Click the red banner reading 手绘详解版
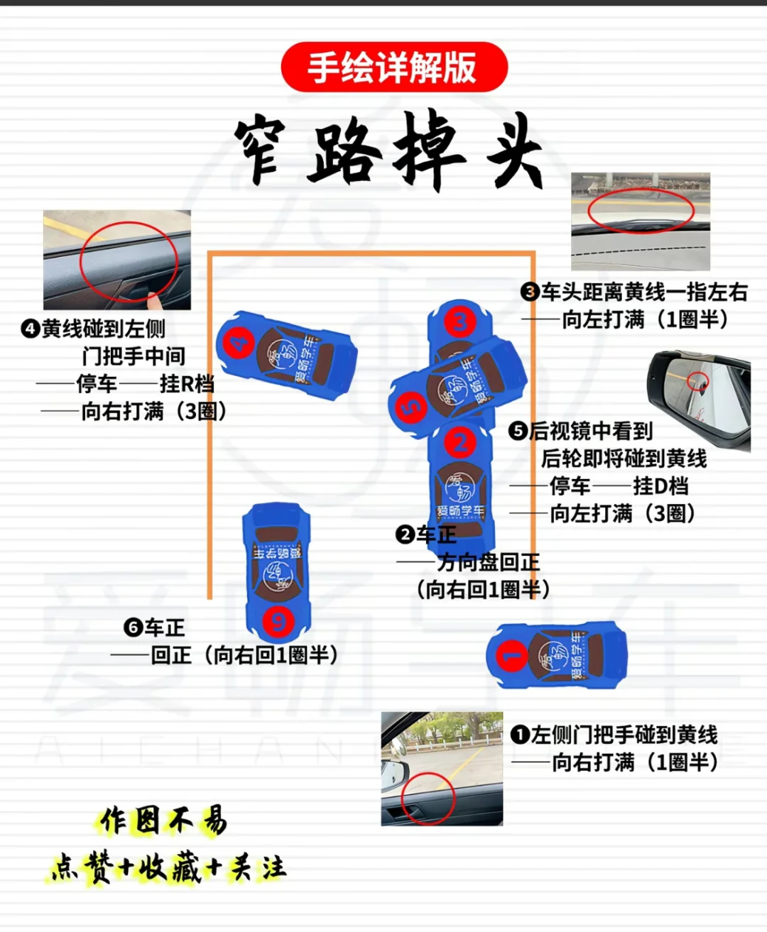point(394,67)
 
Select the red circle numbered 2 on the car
point(460,442)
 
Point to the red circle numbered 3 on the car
point(460,322)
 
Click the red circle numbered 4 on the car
point(239,341)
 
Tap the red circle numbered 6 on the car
point(278,621)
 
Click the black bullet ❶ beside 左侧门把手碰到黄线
point(520,735)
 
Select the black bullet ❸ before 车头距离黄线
point(530,292)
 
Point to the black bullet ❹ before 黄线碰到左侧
point(31,329)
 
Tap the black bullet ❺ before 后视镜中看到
point(518,431)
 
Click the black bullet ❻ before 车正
point(133,627)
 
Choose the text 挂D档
point(661,486)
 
